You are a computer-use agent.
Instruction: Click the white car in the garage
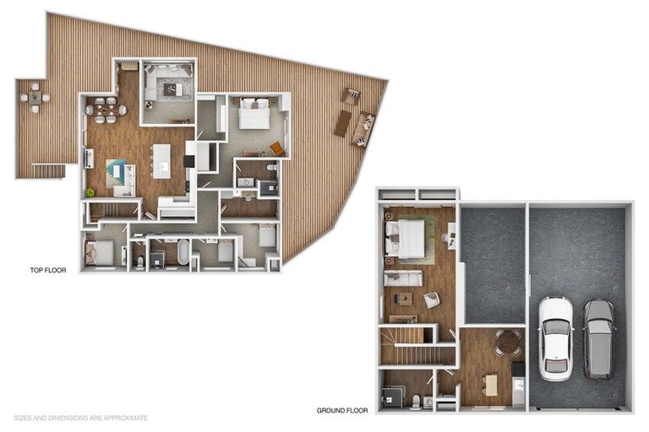(x=556, y=336)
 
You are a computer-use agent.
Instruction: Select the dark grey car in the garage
(x=598, y=337)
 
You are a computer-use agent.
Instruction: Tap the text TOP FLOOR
(x=47, y=271)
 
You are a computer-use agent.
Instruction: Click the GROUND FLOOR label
(x=342, y=411)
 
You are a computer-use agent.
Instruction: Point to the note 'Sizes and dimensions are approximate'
(x=81, y=418)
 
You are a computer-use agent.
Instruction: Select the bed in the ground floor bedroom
(x=406, y=238)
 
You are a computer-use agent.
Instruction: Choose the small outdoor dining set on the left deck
(x=35, y=98)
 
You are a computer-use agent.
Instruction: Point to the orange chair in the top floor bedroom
(x=276, y=148)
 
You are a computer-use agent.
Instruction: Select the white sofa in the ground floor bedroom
(x=404, y=278)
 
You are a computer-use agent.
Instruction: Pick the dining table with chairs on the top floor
(x=107, y=110)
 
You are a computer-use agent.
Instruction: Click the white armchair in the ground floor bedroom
(x=432, y=300)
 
